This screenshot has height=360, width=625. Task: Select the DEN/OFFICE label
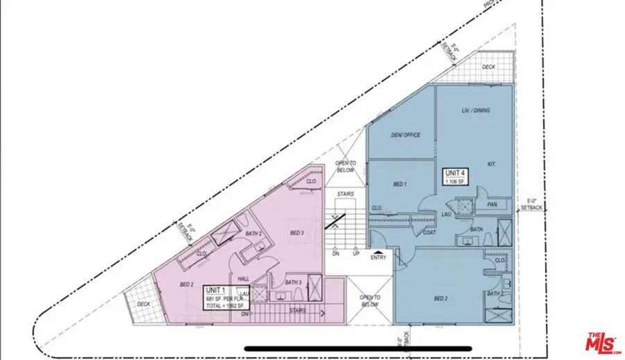click(x=406, y=135)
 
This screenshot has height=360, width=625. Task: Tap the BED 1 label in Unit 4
click(x=400, y=184)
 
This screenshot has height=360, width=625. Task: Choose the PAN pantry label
click(x=492, y=205)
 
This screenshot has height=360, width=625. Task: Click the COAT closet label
click(x=430, y=233)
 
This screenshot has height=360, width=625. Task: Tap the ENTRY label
click(x=378, y=258)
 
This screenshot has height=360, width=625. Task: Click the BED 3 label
click(x=297, y=233)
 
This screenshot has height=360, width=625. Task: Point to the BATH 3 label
click(x=293, y=282)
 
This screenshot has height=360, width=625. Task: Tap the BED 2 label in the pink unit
click(x=186, y=284)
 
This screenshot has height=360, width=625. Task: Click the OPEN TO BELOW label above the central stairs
click(x=347, y=166)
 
